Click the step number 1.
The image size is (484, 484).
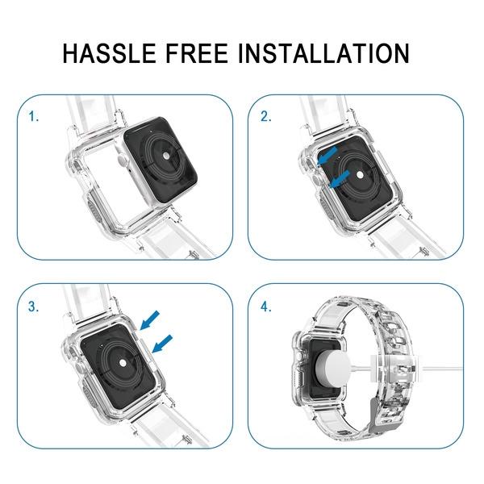coord(33,117)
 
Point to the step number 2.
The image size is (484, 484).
coord(265,117)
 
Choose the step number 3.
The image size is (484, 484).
coord(33,307)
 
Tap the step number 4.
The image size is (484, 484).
coord(265,307)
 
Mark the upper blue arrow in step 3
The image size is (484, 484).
coord(148,322)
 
